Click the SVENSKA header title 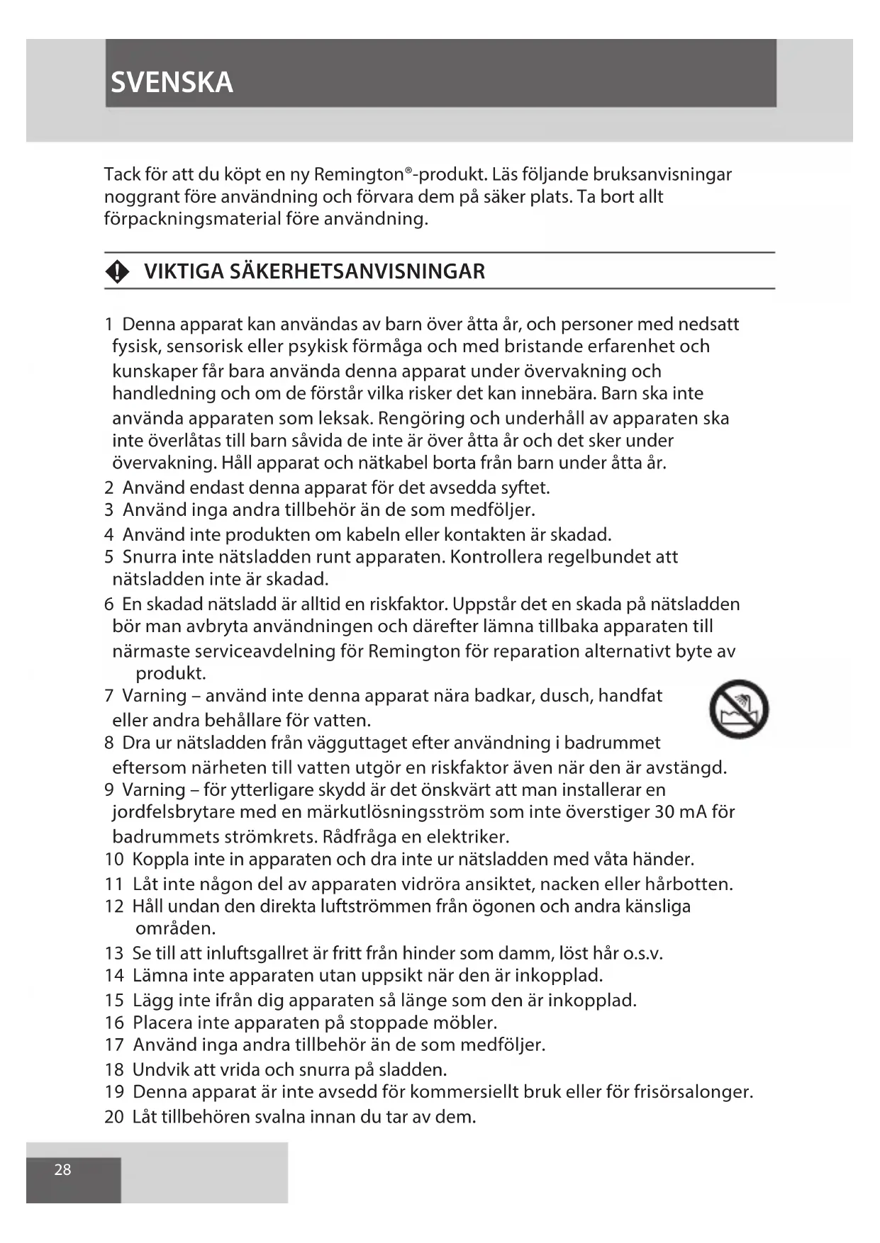pos(172,83)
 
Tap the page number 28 pos(62,1169)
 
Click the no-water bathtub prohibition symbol pos(739,709)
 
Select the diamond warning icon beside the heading pos(118,271)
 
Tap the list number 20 pos(113,1117)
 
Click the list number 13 pos(113,953)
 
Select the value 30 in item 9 pos(664,811)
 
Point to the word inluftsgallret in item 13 pos(261,953)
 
